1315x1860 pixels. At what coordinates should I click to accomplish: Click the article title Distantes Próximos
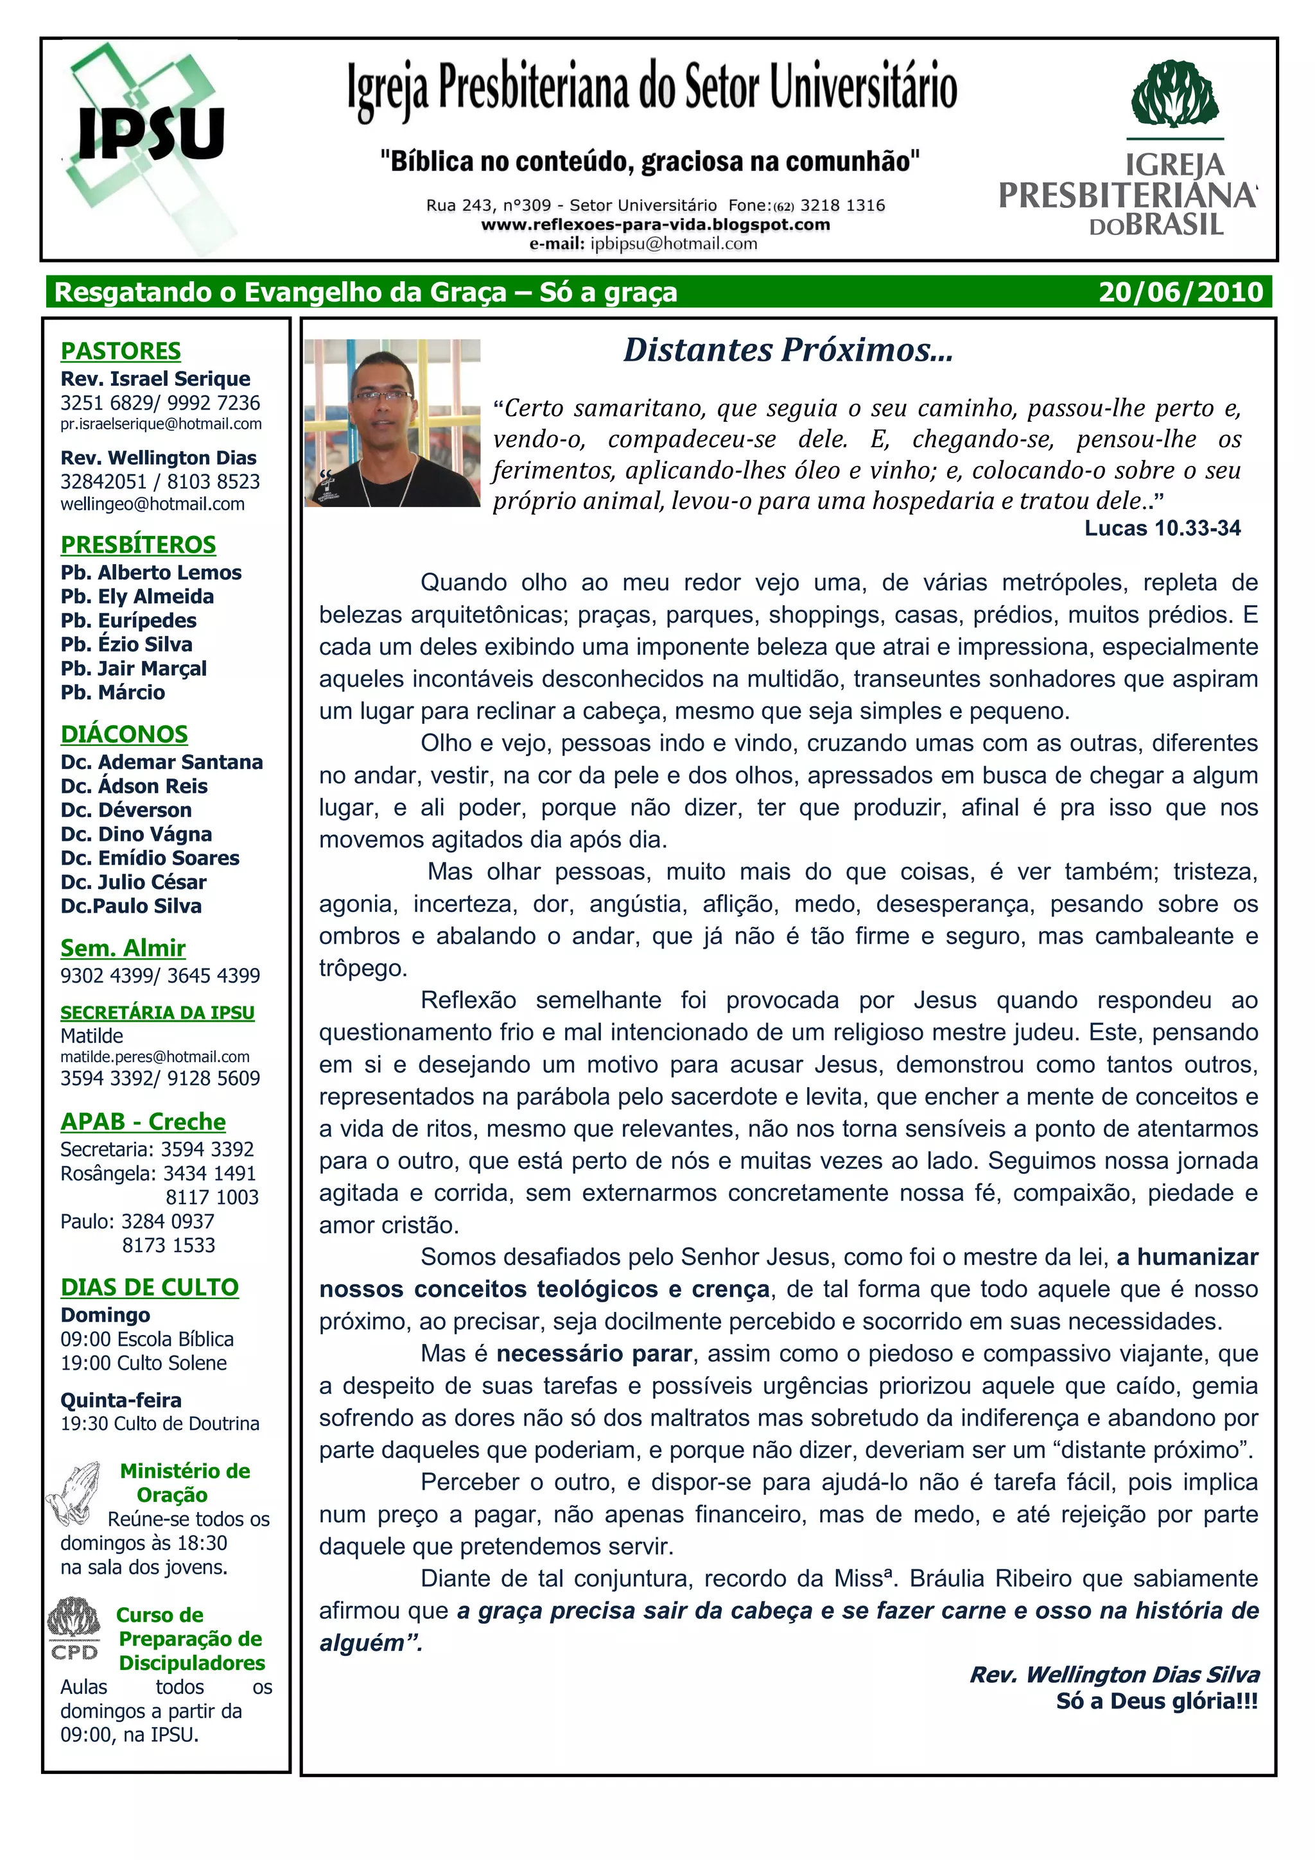[788, 350]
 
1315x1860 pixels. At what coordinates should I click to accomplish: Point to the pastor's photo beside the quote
[392, 423]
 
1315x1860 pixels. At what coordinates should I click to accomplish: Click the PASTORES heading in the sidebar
[121, 351]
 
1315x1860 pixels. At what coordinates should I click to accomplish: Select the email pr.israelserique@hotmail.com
[161, 424]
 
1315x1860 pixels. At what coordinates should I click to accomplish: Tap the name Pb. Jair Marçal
[134, 668]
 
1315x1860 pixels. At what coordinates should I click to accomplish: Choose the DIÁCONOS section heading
[124, 734]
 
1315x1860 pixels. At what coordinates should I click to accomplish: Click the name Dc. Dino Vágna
[136, 834]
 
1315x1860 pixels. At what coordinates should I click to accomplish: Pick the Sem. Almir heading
[123, 948]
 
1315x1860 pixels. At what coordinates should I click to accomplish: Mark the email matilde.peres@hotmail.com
[155, 1056]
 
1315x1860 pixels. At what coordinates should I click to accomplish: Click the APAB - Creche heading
[143, 1121]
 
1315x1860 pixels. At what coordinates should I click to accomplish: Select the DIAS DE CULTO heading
[149, 1287]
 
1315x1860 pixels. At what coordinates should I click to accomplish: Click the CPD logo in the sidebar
[74, 1628]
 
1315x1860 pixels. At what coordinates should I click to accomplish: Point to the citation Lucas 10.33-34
[1162, 528]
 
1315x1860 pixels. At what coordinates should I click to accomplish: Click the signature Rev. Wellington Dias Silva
[1114, 1675]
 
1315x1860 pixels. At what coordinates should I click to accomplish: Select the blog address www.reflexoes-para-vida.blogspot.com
[655, 225]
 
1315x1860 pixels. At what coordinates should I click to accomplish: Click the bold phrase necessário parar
[594, 1354]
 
